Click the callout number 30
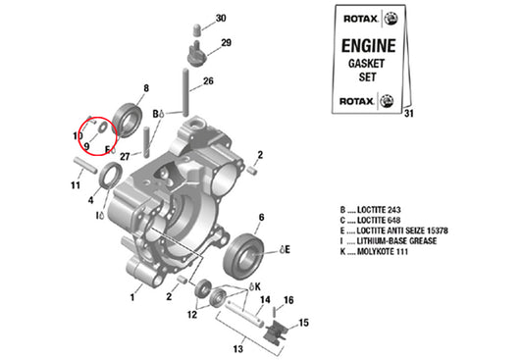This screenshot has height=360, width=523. click(220, 18)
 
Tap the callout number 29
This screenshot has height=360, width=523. click(226, 43)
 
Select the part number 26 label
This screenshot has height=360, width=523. click(208, 80)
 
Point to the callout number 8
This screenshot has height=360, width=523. click(146, 88)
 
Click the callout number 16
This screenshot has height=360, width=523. click(289, 300)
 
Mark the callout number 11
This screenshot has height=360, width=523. click(75, 184)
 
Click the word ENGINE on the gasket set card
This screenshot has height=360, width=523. click(367, 45)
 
